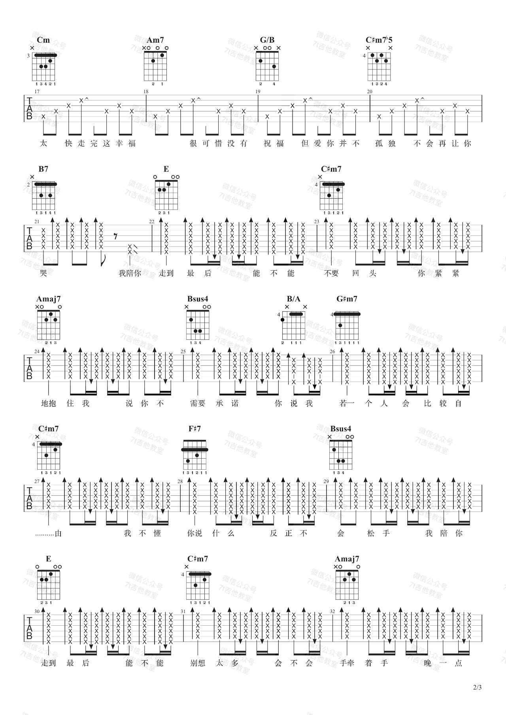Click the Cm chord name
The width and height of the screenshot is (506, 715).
pyautogui.click(x=43, y=40)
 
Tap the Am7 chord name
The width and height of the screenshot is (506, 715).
pyautogui.click(x=155, y=40)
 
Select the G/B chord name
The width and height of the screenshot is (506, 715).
pyautogui.click(x=267, y=40)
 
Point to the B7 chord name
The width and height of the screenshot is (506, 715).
pyautogui.click(x=43, y=169)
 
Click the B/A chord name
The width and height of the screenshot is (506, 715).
pyautogui.click(x=294, y=299)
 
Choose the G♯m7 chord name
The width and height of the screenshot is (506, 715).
pyautogui.click(x=347, y=299)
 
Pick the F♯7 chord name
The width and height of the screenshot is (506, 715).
pyautogui.click(x=194, y=429)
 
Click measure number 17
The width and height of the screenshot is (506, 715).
pyautogui.click(x=37, y=92)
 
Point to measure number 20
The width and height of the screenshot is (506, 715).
pyautogui.click(x=370, y=92)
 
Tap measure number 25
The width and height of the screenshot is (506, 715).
pyautogui.click(x=183, y=352)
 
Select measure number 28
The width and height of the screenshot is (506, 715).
pyautogui.click(x=180, y=481)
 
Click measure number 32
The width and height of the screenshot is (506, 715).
pyautogui.click(x=332, y=611)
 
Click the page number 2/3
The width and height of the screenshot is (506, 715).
pyautogui.click(x=477, y=687)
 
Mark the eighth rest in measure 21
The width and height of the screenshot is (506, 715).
pyautogui.click(x=115, y=237)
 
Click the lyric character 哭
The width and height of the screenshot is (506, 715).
pyautogui.click(x=43, y=273)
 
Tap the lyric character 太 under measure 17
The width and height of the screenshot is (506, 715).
pyautogui.click(x=43, y=143)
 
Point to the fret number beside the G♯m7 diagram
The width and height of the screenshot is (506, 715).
pyautogui.click(x=332, y=314)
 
